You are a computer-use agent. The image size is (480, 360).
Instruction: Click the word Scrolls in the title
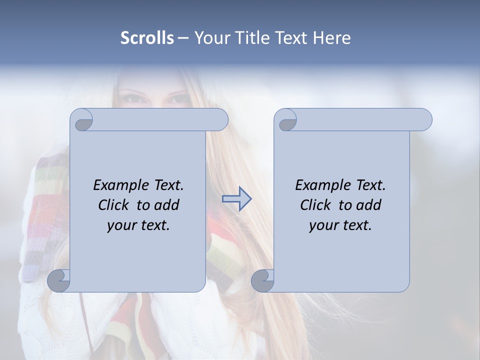tap(147, 38)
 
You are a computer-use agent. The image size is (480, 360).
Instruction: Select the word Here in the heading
tap(331, 38)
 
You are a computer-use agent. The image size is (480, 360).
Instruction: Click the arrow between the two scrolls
tap(236, 199)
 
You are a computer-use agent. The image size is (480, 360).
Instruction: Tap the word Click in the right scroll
tap(315, 205)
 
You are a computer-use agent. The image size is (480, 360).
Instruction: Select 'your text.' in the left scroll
tap(138, 225)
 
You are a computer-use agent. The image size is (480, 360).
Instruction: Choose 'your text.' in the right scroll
tap(340, 225)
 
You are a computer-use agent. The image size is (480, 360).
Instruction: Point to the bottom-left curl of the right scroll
tap(262, 280)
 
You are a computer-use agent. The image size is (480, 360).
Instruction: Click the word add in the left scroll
tap(166, 205)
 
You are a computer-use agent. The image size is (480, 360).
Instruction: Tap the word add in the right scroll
tap(368, 205)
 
